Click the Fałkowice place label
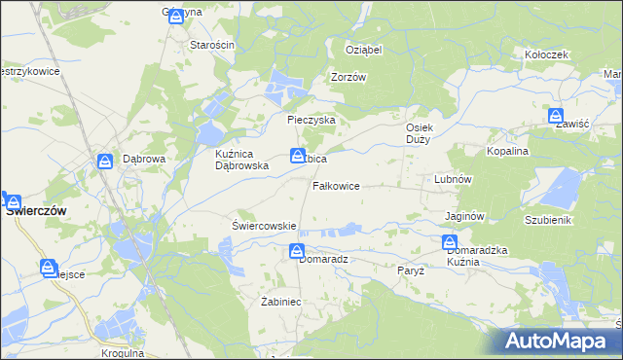tap(337, 185)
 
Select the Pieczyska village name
tap(311, 120)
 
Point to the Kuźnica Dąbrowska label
tap(241, 160)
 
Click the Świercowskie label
tap(264, 226)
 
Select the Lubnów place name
tap(453, 180)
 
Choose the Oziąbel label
tap(364, 50)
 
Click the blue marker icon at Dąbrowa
tap(104, 162)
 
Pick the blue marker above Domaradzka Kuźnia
tap(450, 242)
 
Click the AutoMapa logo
tap(561, 341)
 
